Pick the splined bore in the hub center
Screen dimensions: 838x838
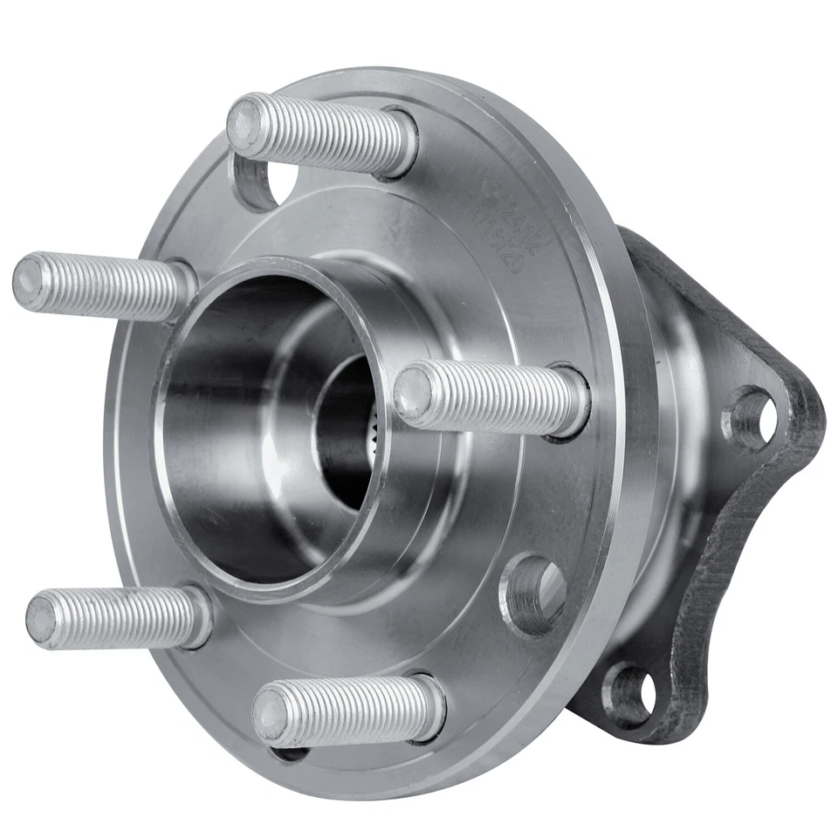(x=349, y=436)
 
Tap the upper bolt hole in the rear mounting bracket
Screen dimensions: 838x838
(x=750, y=417)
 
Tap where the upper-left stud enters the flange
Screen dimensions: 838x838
(x=183, y=288)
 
